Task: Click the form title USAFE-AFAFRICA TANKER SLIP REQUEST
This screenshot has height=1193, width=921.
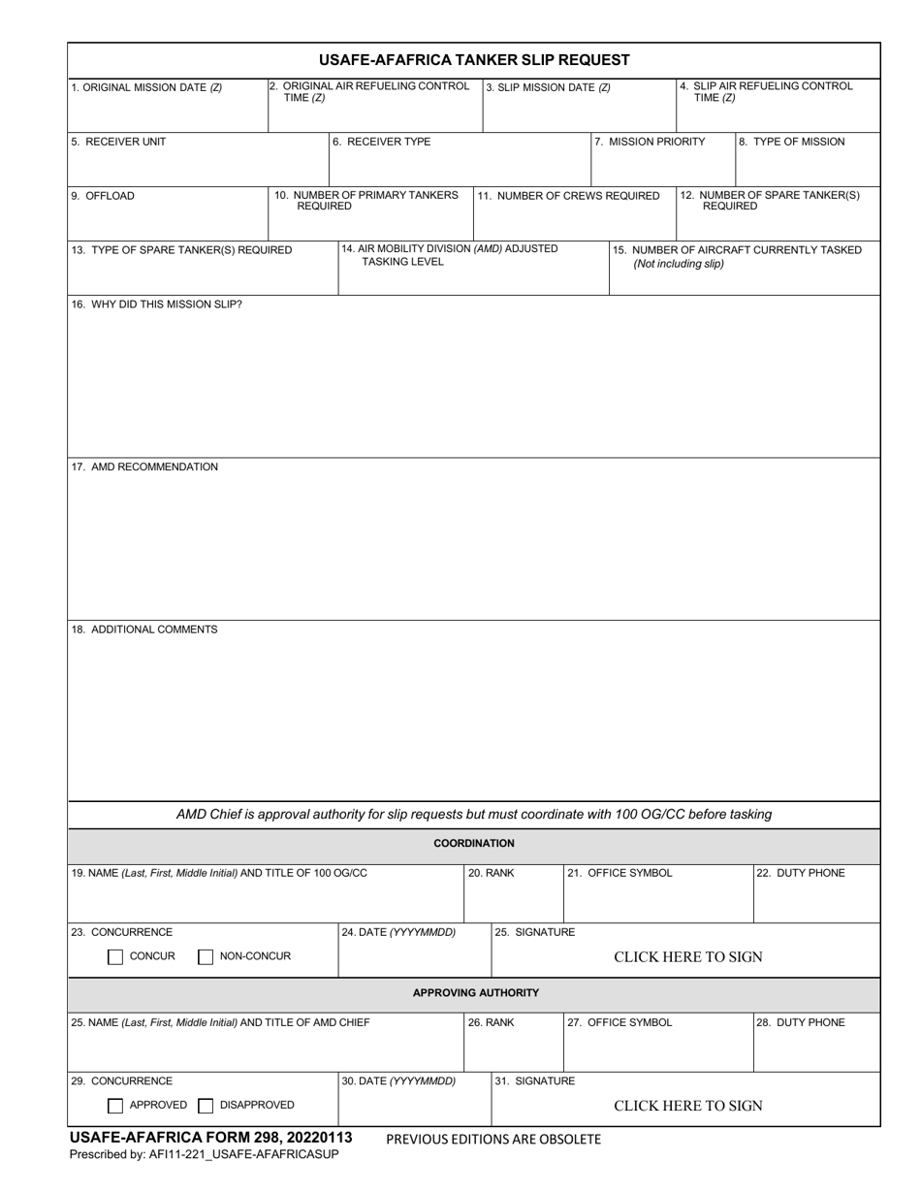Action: point(474,60)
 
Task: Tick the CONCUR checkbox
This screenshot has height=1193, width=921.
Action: point(115,957)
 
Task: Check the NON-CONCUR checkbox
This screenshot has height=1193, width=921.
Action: point(206,957)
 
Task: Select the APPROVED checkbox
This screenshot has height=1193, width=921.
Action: point(115,1106)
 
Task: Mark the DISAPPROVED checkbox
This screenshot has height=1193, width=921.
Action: point(206,1106)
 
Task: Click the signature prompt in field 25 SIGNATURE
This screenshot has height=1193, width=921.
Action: point(688,957)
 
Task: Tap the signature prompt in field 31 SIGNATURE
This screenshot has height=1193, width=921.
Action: point(688,1106)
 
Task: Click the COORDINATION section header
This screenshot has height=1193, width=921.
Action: point(474,844)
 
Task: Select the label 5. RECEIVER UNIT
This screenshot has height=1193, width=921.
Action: point(118,142)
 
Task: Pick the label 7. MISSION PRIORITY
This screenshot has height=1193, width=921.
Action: point(650,142)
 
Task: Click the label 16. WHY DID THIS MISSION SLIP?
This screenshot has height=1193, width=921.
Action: point(157,305)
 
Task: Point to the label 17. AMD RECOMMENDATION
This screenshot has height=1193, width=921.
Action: point(144,468)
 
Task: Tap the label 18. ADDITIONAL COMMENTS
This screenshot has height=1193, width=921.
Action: point(144,629)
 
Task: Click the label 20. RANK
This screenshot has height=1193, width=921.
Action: point(492,873)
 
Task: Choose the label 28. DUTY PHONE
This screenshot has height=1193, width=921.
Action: point(801,1022)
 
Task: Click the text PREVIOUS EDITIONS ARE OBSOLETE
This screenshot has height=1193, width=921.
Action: point(493,1140)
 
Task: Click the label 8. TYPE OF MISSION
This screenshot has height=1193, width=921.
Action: point(792,142)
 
